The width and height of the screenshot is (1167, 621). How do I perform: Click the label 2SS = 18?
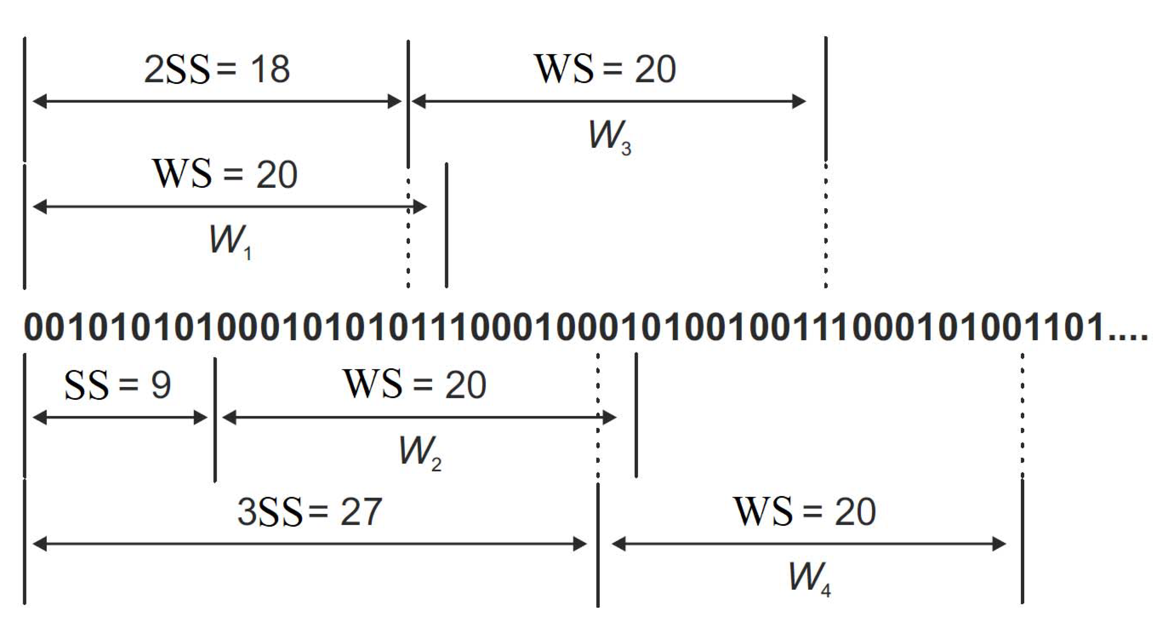click(217, 69)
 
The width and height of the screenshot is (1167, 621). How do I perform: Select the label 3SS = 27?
click(309, 512)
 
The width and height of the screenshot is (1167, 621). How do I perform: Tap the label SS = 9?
click(117, 385)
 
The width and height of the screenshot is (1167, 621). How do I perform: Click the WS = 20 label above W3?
click(605, 69)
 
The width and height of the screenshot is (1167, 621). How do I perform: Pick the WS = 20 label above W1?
click(225, 175)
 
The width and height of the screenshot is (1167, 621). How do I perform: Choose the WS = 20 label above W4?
click(804, 512)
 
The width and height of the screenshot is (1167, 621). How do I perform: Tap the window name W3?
click(609, 136)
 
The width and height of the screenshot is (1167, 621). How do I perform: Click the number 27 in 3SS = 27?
click(361, 512)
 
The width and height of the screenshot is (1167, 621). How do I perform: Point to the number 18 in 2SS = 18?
click(270, 69)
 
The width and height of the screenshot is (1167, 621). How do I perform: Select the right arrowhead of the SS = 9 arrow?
click(201, 417)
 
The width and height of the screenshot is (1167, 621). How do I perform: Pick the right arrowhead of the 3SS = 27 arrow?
click(580, 544)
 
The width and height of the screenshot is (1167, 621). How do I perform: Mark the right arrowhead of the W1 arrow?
click(420, 207)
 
